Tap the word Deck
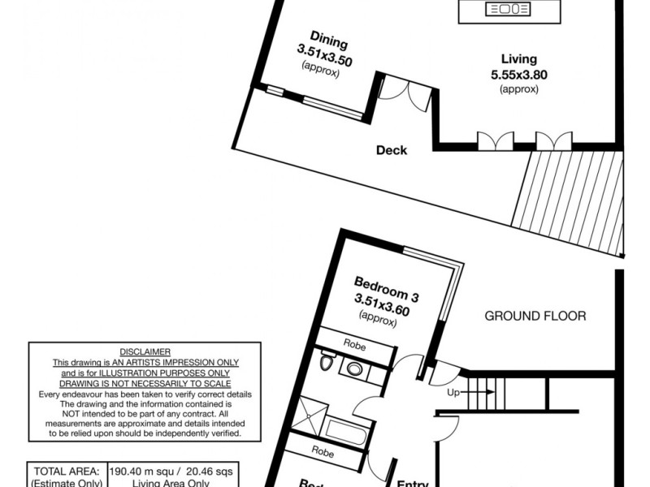[392, 150]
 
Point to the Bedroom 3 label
[386, 283]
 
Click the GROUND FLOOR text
[535, 316]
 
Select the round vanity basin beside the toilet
[354, 368]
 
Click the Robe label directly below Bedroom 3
[355, 346]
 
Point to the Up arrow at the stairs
[472, 392]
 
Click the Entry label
[412, 483]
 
